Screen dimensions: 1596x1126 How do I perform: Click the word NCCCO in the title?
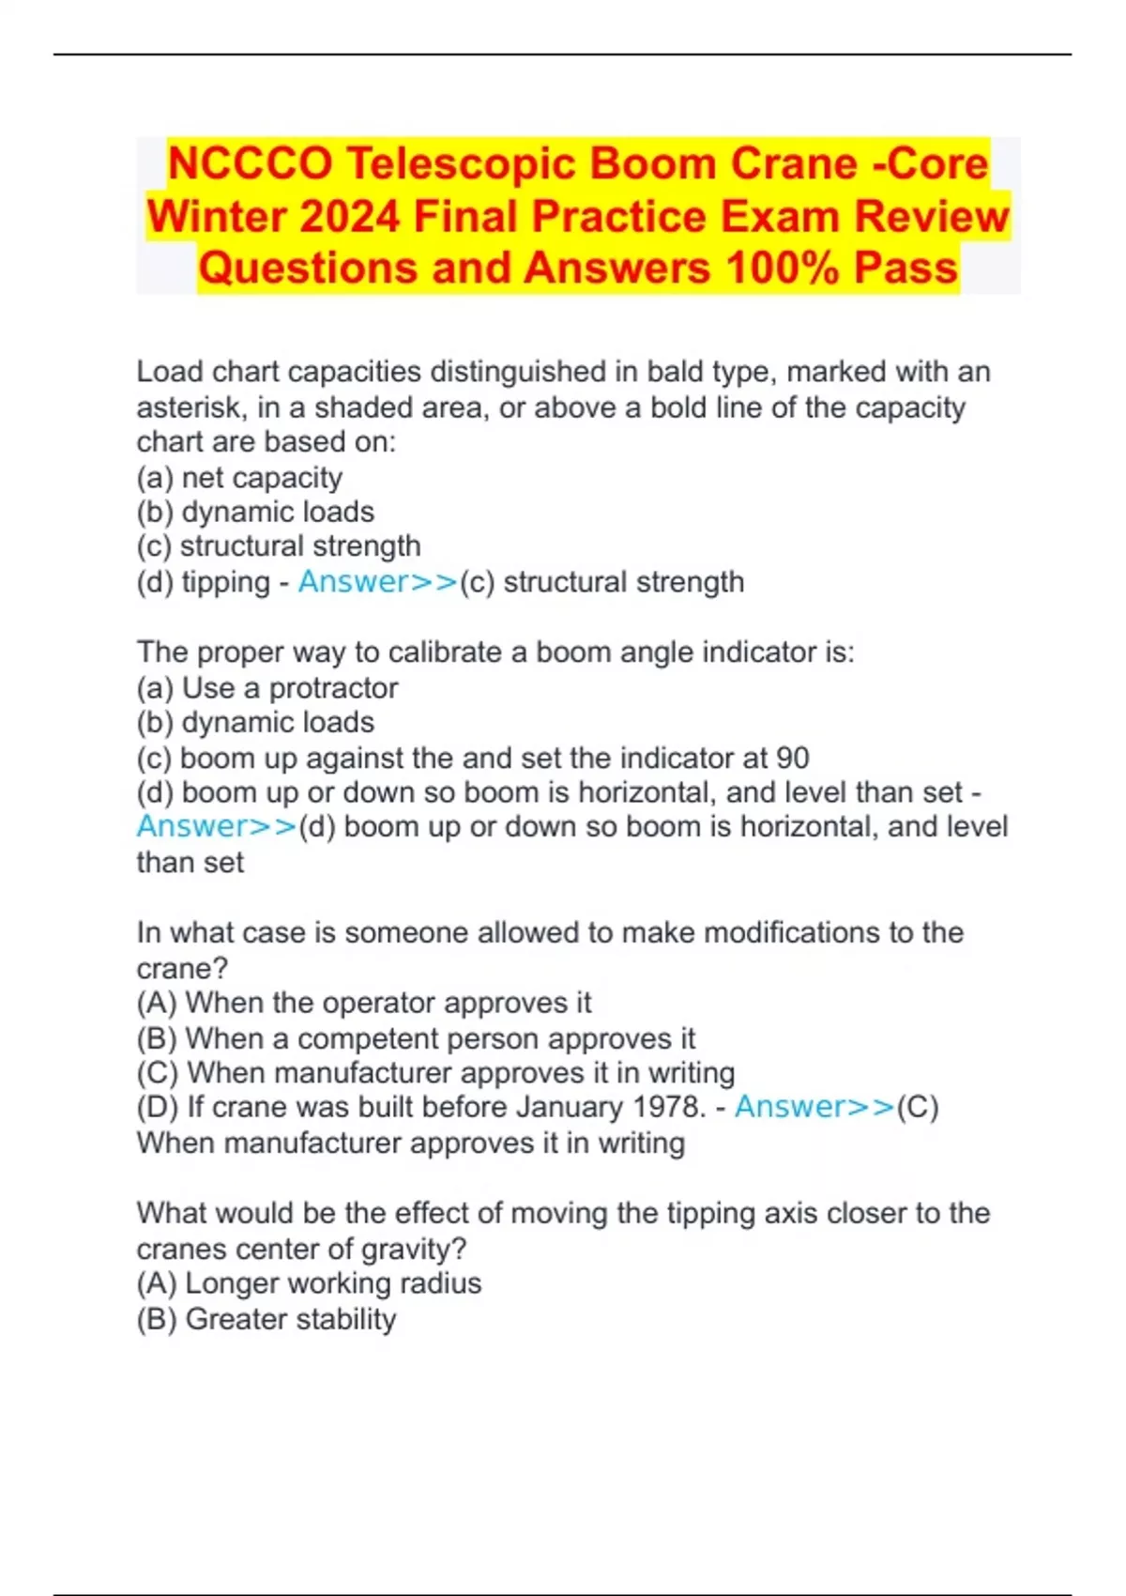tap(250, 164)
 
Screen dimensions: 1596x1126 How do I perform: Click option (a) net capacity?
tap(239, 478)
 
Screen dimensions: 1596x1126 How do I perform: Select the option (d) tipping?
tap(204, 582)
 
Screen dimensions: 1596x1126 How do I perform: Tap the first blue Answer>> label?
tap(377, 582)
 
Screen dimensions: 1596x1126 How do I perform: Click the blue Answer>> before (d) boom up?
tap(217, 827)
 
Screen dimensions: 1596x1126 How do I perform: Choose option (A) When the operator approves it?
tap(364, 1003)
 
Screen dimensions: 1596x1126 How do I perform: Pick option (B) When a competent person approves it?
tap(416, 1038)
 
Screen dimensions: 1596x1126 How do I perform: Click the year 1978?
tap(668, 1107)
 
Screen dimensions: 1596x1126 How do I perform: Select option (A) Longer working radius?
tap(309, 1283)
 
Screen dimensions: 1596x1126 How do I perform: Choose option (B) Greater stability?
tap(266, 1319)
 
